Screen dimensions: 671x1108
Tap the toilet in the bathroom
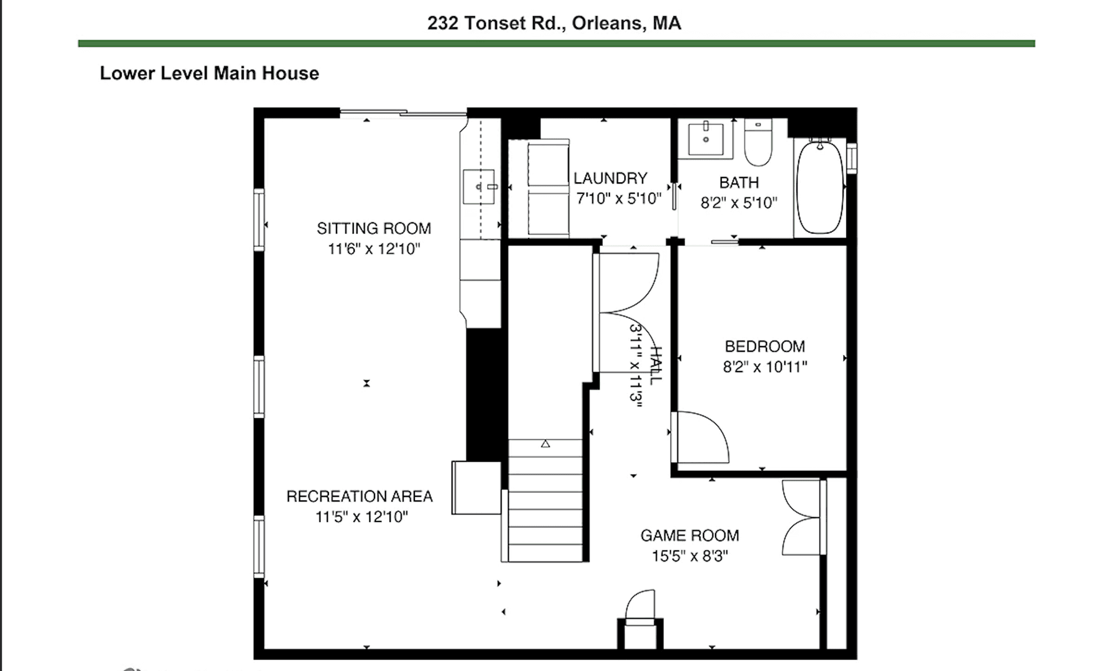coord(758,144)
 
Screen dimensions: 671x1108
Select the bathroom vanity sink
coord(705,139)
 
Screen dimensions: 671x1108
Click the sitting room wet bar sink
coord(479,187)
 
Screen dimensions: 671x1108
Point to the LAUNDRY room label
coord(610,178)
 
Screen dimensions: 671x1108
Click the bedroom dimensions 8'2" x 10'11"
coord(765,367)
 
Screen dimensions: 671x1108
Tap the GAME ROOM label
coord(690,535)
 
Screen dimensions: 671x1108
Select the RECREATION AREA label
coord(359,496)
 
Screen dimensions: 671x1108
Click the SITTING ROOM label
coord(373,228)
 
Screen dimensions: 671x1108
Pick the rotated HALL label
coord(656,365)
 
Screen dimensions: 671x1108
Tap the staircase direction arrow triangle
coord(545,444)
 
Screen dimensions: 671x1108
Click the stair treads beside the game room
coord(545,508)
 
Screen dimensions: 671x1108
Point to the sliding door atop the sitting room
coord(403,113)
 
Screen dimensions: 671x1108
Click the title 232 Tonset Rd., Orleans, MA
coord(554,23)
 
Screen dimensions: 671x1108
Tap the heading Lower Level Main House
coord(209,73)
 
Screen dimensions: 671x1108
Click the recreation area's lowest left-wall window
coord(259,546)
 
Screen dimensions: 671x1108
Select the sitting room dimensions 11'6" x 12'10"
coord(373,249)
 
